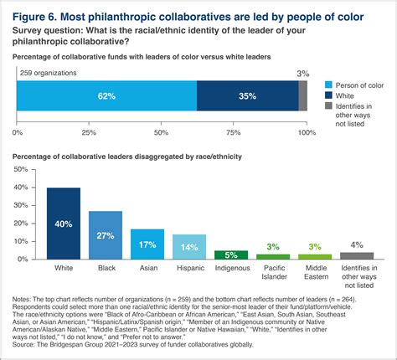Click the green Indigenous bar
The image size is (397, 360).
pyautogui.click(x=231, y=255)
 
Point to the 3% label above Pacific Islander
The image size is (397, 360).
pyautogui.click(x=273, y=247)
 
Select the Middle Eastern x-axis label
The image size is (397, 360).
pyautogui.click(x=315, y=275)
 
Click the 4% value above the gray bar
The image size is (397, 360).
pyautogui.click(x=358, y=244)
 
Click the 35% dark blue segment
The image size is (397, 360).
pyautogui.click(x=247, y=96)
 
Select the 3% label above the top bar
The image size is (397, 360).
pyautogui.click(x=302, y=74)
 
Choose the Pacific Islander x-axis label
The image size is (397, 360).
pyautogui.click(x=273, y=275)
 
